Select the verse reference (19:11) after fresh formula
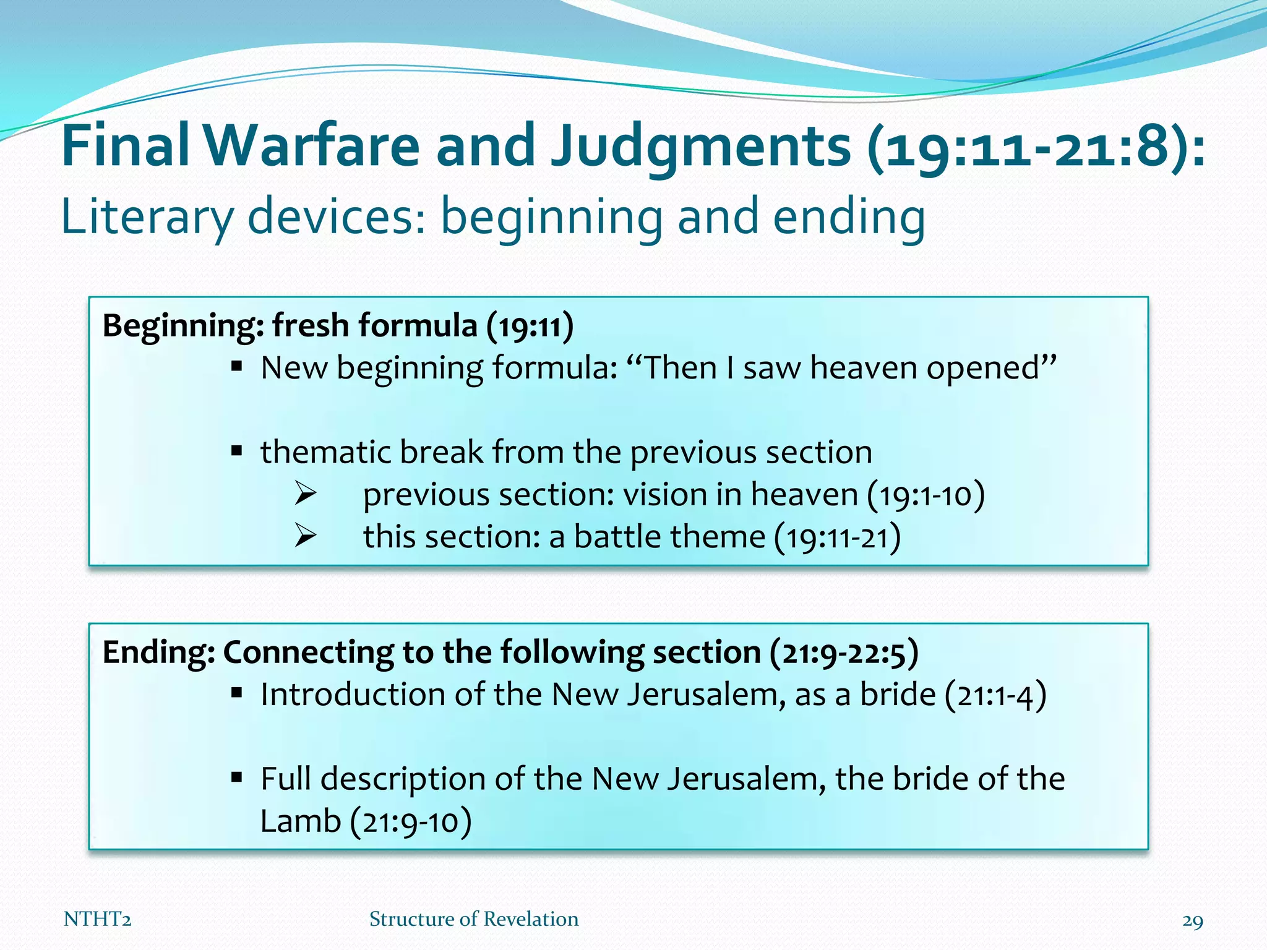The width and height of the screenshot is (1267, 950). (530, 326)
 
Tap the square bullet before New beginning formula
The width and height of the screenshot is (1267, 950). (236, 367)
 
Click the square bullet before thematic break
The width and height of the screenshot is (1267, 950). (236, 451)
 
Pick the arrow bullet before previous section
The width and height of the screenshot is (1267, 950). (306, 494)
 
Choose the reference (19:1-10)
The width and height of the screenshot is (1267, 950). (926, 495)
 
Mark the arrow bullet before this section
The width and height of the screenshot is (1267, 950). (306, 536)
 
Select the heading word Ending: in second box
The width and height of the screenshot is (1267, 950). (158, 652)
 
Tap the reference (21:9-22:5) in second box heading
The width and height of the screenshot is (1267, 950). (844, 653)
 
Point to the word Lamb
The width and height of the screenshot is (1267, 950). (301, 821)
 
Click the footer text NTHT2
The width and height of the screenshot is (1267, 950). (97, 920)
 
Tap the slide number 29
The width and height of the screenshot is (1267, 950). (1192, 921)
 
